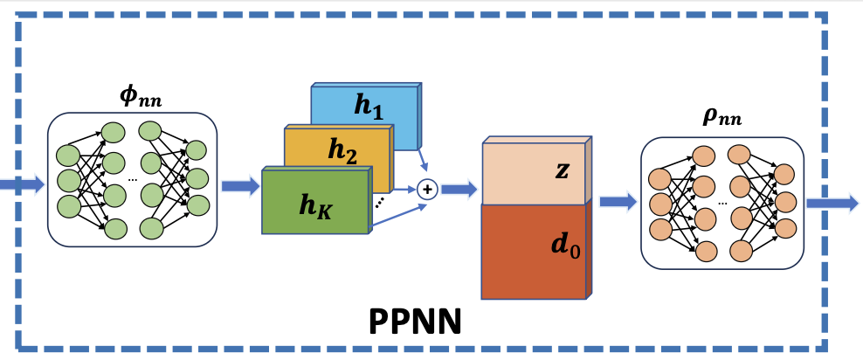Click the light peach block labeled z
tap(535, 171)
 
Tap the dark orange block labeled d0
tap(535, 250)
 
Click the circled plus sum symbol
tap(427, 188)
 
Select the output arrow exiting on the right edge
tap(832, 203)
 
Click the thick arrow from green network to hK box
tap(240, 184)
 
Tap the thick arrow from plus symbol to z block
tap(458, 189)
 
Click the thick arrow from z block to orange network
tap(617, 202)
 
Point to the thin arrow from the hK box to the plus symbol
tap(397, 213)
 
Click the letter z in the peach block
tap(562, 171)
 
